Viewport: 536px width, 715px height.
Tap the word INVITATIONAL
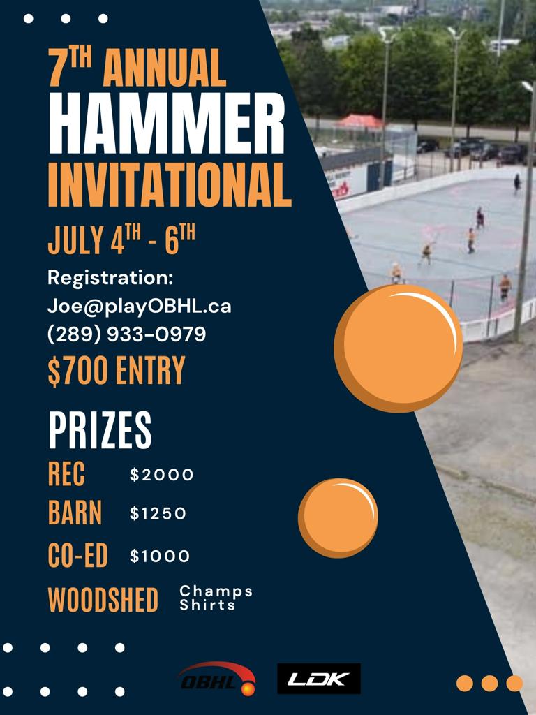pyautogui.click(x=170, y=184)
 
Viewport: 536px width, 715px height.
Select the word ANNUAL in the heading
pyautogui.click(x=165, y=67)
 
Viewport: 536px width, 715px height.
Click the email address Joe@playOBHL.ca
pyautogui.click(x=140, y=307)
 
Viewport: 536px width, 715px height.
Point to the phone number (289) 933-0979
pyautogui.click(x=127, y=334)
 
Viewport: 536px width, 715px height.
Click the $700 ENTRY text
pyautogui.click(x=117, y=370)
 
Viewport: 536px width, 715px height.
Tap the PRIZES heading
pyautogui.click(x=100, y=430)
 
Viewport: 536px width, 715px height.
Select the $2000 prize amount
pyautogui.click(x=162, y=475)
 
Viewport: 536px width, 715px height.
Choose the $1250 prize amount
pyautogui.click(x=158, y=514)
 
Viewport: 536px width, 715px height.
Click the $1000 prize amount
pyautogui.click(x=160, y=556)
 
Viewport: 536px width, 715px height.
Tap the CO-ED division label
pyautogui.click(x=78, y=555)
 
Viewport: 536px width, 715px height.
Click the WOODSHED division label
pyautogui.click(x=103, y=599)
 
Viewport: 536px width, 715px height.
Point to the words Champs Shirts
pyautogui.click(x=216, y=598)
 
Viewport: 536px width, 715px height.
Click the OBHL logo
pyautogui.click(x=217, y=679)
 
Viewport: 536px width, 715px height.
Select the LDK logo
pyautogui.click(x=319, y=679)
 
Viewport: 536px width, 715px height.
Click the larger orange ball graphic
pyautogui.click(x=399, y=348)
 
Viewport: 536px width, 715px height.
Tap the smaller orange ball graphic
pyautogui.click(x=338, y=518)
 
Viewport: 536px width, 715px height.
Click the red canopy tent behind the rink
pyautogui.click(x=359, y=121)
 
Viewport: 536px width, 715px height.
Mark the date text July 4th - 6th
pyautogui.click(x=121, y=239)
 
